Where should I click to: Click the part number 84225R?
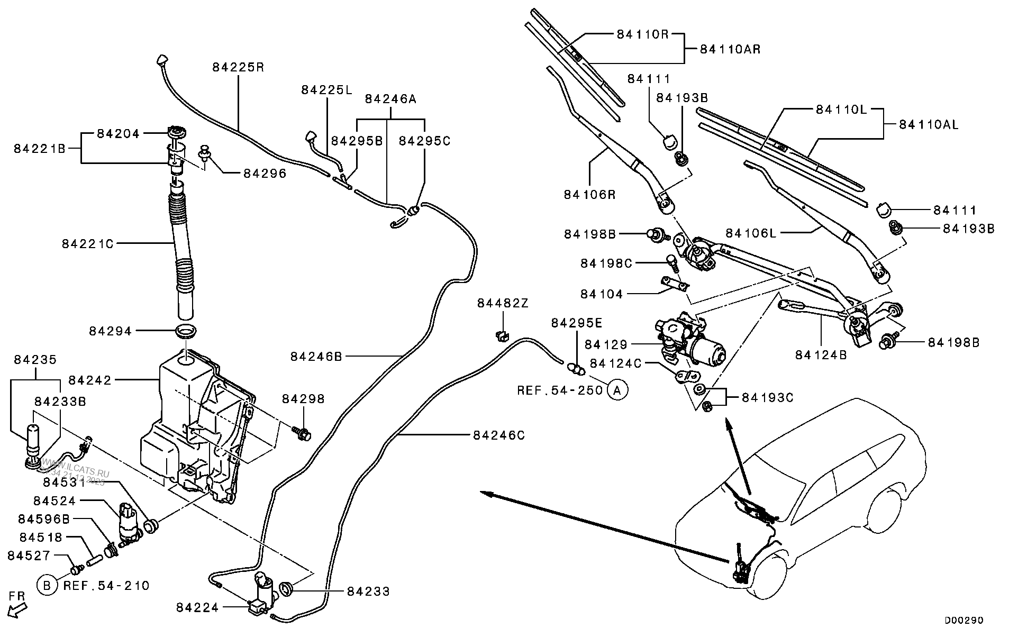(x=238, y=68)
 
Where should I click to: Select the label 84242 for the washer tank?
(x=90, y=380)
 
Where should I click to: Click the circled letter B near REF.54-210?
(x=47, y=586)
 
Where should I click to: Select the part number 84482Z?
(x=503, y=304)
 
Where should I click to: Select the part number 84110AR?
(x=730, y=49)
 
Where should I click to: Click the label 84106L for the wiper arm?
(x=751, y=233)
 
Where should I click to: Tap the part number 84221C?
(x=88, y=244)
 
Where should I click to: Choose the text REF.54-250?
(x=560, y=390)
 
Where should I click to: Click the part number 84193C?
(x=767, y=397)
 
